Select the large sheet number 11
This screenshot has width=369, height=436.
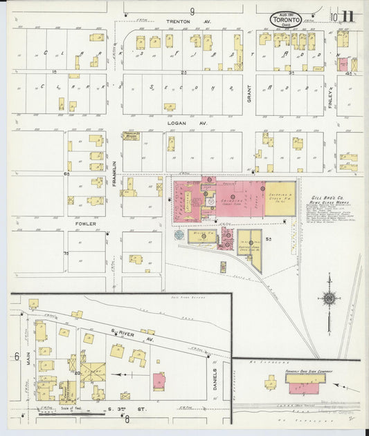tap(348, 16)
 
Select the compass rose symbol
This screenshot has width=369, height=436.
tap(330, 298)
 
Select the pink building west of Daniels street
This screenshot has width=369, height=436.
tap(160, 381)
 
